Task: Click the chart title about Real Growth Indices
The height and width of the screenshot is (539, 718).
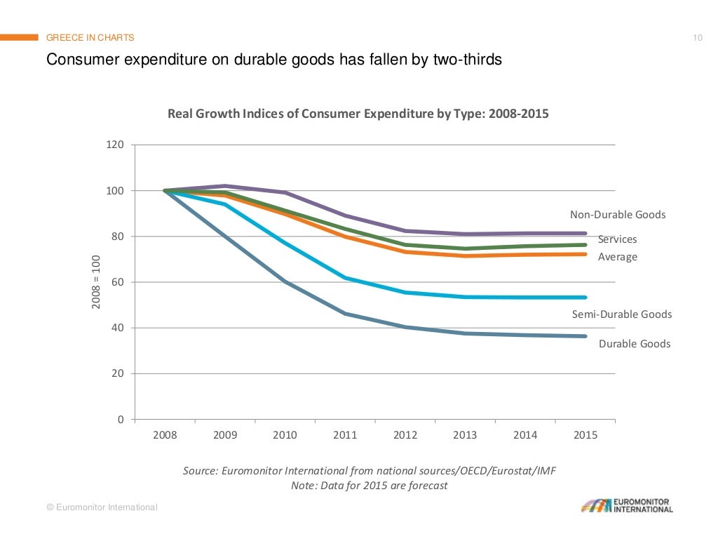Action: pos(358,113)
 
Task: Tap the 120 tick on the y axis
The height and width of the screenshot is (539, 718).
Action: pos(115,145)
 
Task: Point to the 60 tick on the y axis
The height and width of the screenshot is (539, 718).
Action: pos(118,282)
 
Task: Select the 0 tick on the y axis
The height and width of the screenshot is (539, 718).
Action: pos(121,420)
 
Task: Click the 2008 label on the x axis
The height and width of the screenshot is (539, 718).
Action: pos(165,435)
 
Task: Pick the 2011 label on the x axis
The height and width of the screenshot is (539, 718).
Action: pos(345,435)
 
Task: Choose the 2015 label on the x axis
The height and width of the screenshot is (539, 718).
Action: pos(585,435)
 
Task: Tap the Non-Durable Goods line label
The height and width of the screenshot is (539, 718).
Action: pos(618,215)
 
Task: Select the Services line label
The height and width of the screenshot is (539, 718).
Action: pos(617,239)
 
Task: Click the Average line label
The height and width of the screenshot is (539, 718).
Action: pos(617,257)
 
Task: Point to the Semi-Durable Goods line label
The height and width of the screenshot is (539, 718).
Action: pos(622,314)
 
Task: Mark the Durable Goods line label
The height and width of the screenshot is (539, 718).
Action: pos(634,344)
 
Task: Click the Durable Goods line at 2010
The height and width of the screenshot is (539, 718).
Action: pos(285,282)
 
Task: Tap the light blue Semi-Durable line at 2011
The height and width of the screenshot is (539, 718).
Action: pos(345,278)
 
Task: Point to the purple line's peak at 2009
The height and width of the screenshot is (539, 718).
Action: pos(225,186)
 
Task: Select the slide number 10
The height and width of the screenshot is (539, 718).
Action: pos(698,38)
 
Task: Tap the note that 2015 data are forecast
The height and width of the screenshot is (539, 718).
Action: pos(369,486)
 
